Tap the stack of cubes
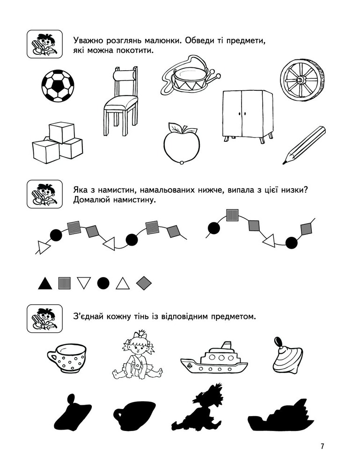click(x=57, y=142)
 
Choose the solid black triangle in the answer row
click(x=45, y=283)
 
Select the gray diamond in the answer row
click(x=144, y=283)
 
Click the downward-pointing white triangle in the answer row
click(x=84, y=283)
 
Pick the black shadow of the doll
click(x=198, y=408)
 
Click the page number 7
click(x=322, y=446)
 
